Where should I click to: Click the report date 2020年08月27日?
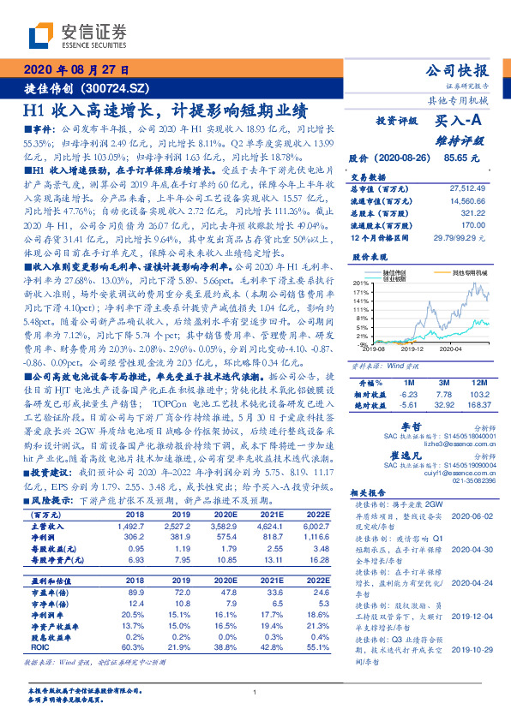(75, 70)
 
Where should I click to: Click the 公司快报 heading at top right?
(457, 70)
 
